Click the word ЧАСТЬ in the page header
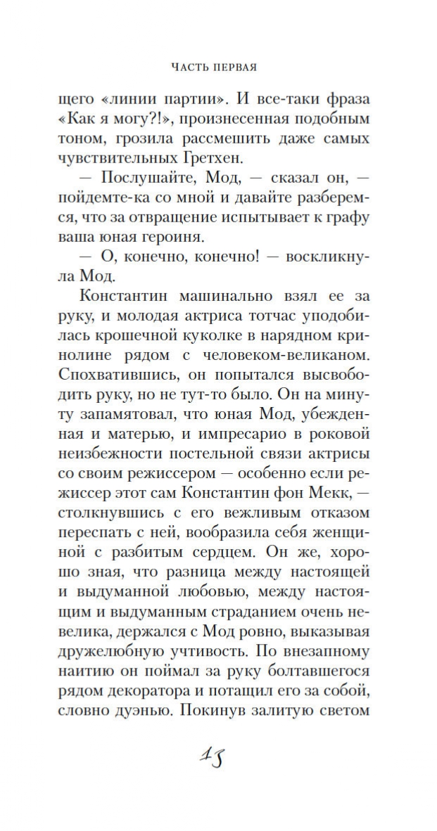click(x=189, y=68)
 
